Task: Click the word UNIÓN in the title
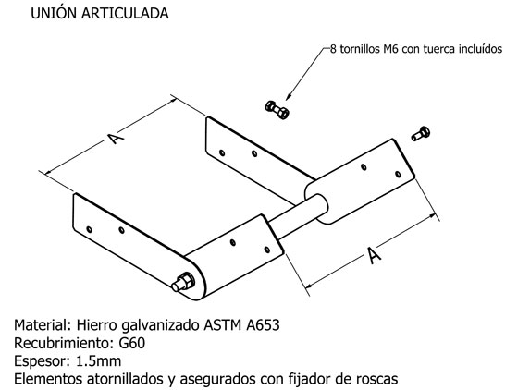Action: (54, 13)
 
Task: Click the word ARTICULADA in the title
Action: (125, 14)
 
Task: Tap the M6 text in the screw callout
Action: (390, 49)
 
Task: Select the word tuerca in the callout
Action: (439, 49)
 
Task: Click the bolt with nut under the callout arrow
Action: (277, 110)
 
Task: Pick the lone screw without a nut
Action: (421, 134)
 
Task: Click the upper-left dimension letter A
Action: (116, 138)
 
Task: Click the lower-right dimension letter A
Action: (374, 255)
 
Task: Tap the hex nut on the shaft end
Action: (187, 280)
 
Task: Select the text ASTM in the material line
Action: (223, 325)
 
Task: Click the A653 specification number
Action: (263, 325)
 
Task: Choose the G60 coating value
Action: (131, 344)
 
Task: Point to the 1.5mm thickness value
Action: (98, 361)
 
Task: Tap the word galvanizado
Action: (161, 326)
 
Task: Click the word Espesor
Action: (43, 362)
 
